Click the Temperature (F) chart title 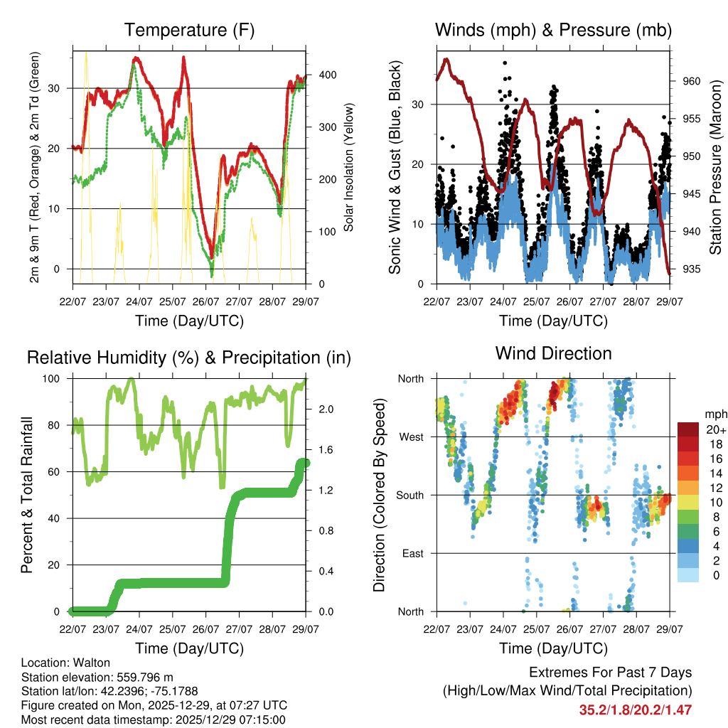(189, 30)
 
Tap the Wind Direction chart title (553, 353)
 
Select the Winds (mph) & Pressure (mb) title (553, 30)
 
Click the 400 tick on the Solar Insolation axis (318, 75)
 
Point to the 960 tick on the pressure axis (692, 81)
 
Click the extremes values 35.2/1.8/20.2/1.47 (636, 710)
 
